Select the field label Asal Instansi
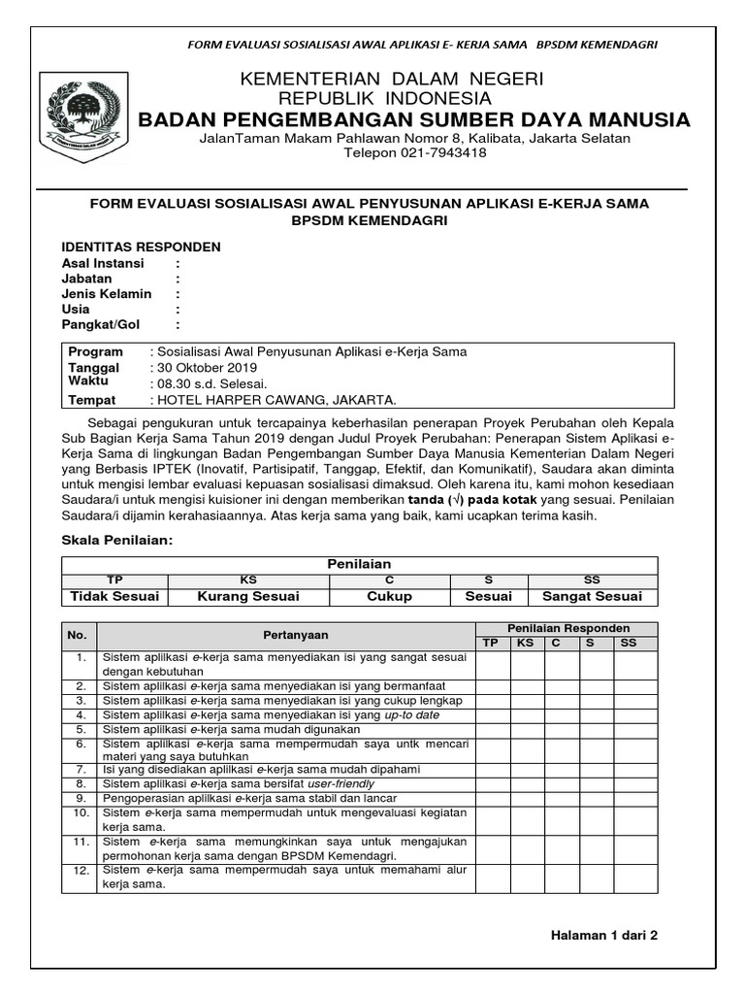click(x=103, y=263)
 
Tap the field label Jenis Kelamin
click(x=107, y=294)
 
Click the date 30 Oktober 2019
click(x=205, y=368)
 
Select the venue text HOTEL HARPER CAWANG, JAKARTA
click(x=275, y=400)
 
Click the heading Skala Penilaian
click(x=116, y=539)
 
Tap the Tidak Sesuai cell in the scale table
click(x=114, y=596)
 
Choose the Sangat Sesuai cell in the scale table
click(x=592, y=596)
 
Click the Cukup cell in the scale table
click(x=389, y=596)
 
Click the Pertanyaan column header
click(x=296, y=635)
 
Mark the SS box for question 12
click(x=628, y=878)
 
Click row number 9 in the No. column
click(x=79, y=797)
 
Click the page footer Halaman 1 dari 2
click(x=604, y=936)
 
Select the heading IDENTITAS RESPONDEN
click(x=142, y=247)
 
